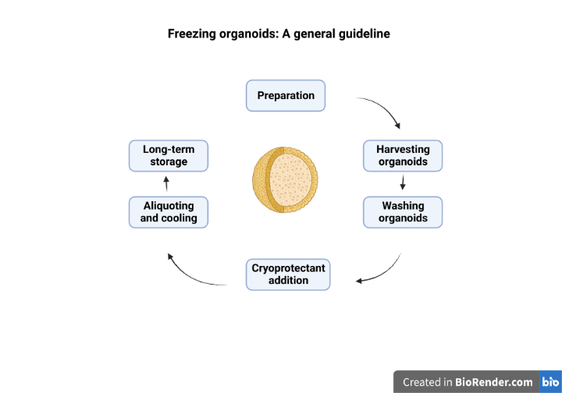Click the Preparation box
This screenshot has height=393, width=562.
pyautogui.click(x=286, y=96)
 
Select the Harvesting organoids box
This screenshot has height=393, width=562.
pyautogui.click(x=403, y=156)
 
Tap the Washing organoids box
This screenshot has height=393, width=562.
pyautogui.click(x=403, y=212)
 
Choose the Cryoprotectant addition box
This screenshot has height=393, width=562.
pyautogui.click(x=288, y=274)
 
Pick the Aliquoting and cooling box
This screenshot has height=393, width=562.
pyautogui.click(x=169, y=212)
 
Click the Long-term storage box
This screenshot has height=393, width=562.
pyautogui.click(x=169, y=156)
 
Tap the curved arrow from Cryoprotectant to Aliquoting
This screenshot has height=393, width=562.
pyautogui.click(x=191, y=274)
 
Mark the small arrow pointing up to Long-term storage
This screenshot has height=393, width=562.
pyautogui.click(x=166, y=184)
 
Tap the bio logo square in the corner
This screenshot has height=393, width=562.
pyautogui.click(x=550, y=381)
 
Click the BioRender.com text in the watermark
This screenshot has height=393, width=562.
pyautogui.click(x=495, y=382)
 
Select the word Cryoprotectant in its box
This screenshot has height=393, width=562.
pyautogui.click(x=288, y=268)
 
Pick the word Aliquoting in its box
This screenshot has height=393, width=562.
pyautogui.click(x=169, y=206)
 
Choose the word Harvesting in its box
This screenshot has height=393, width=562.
pyautogui.click(x=403, y=150)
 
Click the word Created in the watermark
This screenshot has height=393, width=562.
pyautogui.click(x=422, y=382)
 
